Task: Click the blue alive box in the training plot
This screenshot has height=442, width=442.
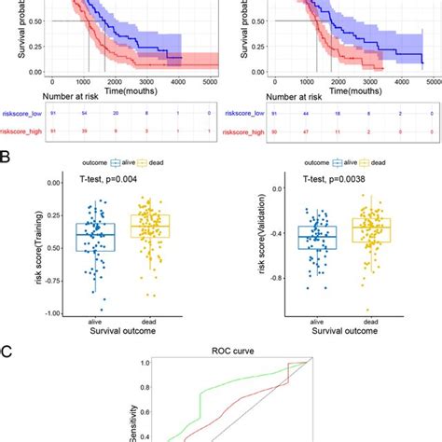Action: click(94, 237)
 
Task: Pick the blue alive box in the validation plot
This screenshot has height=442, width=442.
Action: click(317, 238)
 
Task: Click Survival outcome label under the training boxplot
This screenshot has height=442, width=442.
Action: click(121, 329)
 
